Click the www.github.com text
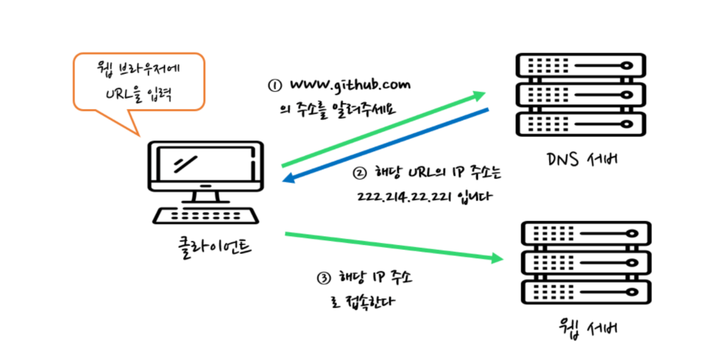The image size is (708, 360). coord(350,84)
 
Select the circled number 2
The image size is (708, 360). coord(361,172)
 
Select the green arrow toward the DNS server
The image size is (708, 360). coord(384,129)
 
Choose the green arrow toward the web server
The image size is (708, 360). coord(396,247)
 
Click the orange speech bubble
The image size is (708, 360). coord(138,82)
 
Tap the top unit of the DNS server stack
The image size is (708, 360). coord(579,65)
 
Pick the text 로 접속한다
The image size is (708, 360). coord(360,300)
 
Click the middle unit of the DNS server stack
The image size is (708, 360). coord(579,93)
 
